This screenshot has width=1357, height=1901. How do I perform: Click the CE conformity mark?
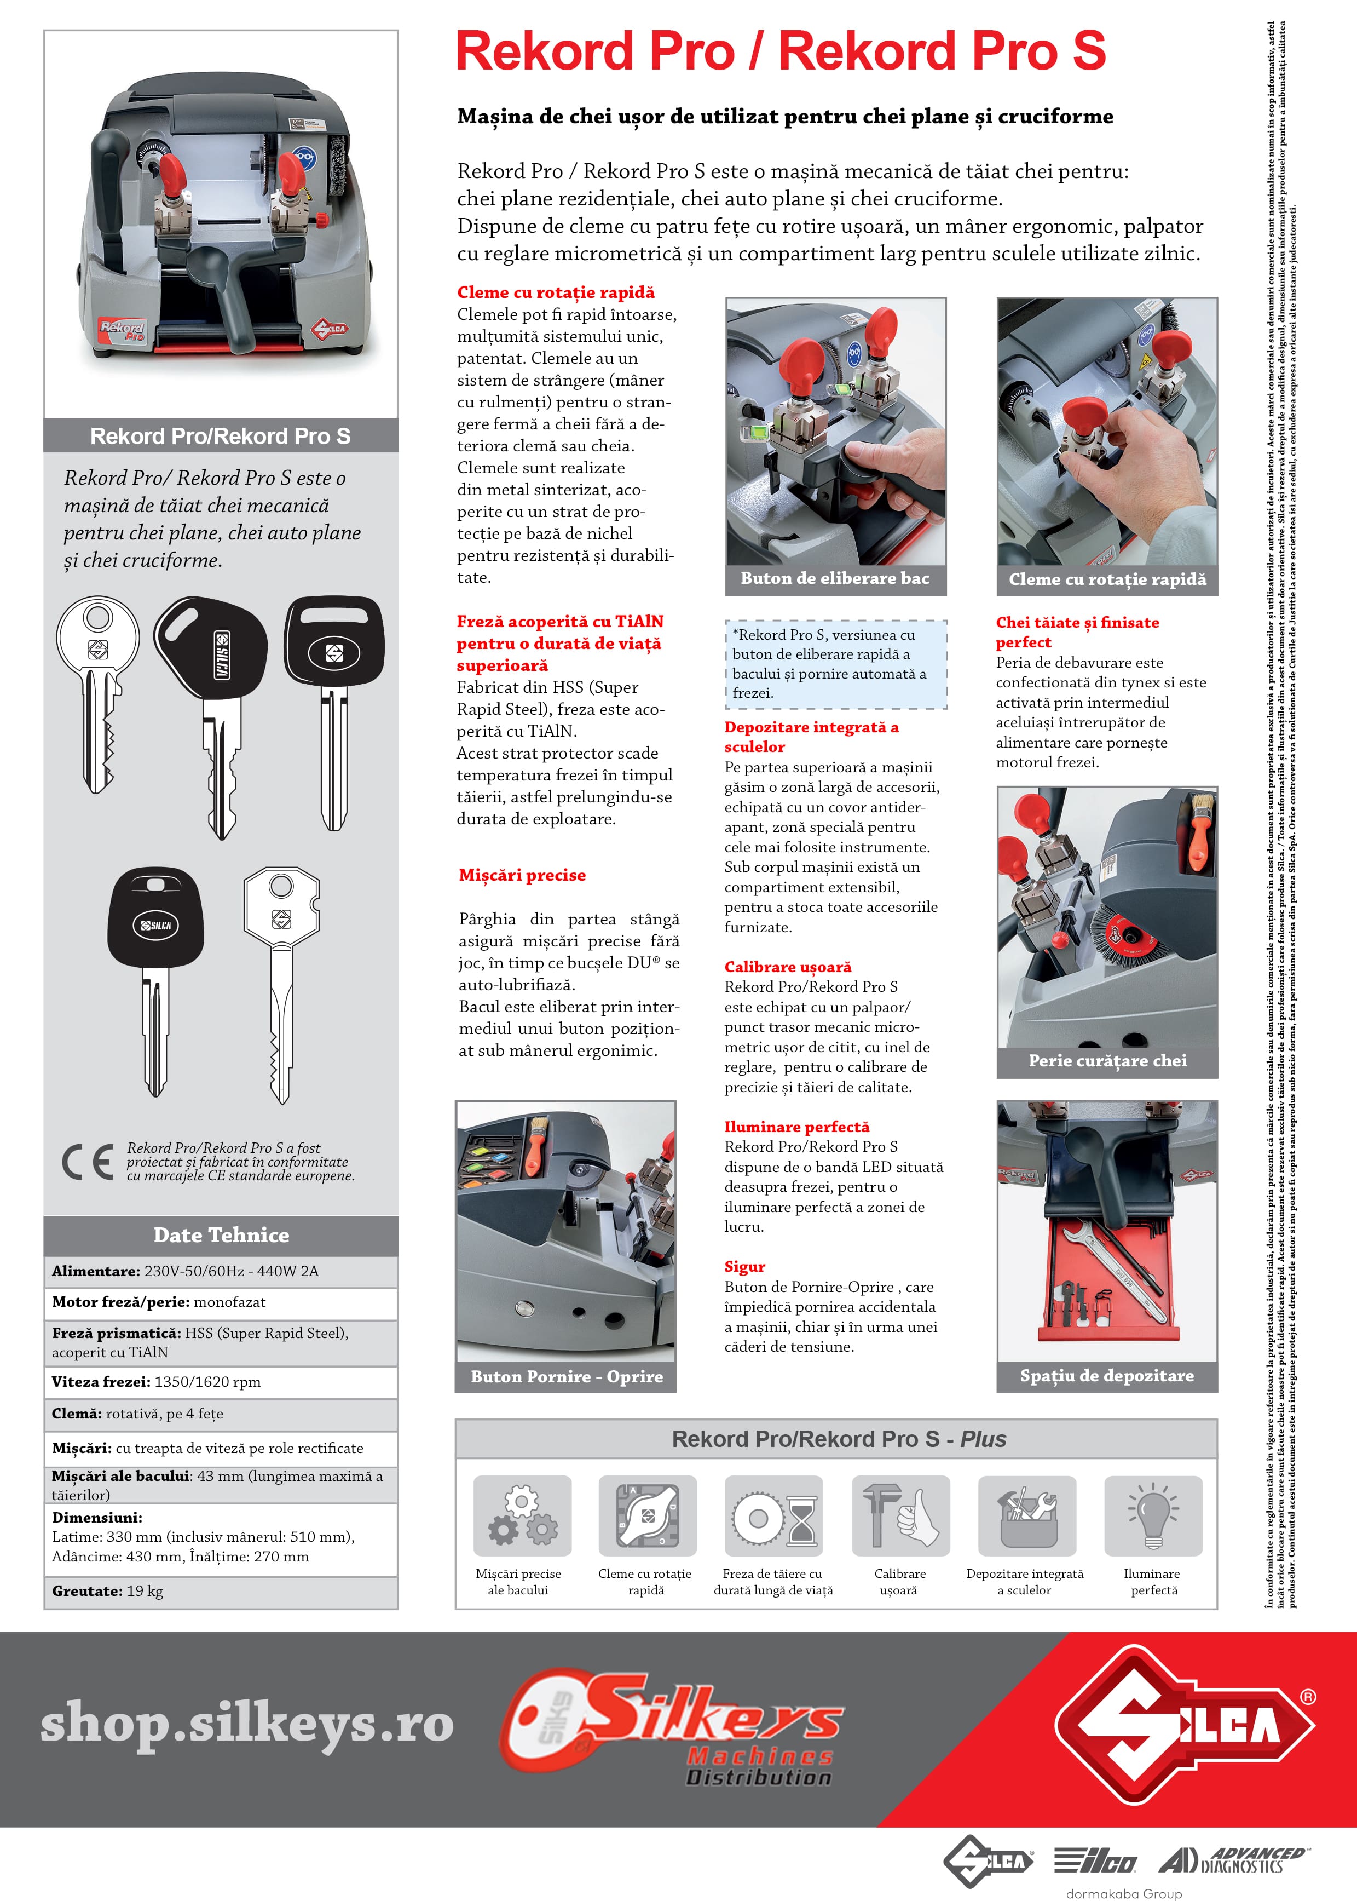(x=87, y=1162)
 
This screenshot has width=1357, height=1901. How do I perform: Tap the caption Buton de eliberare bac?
(x=835, y=578)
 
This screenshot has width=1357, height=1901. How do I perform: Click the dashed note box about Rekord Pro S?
(x=835, y=664)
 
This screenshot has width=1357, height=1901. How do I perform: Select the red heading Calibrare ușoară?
(x=787, y=967)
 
